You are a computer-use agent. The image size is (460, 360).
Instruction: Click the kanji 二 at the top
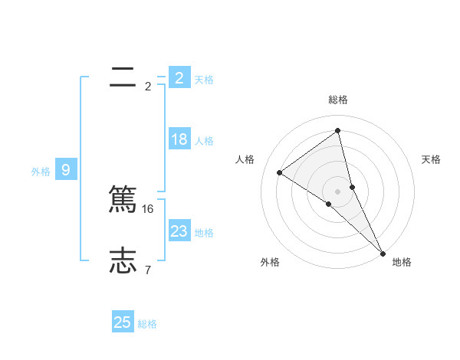[x=123, y=77]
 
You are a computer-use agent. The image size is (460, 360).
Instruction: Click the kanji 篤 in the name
[x=123, y=201]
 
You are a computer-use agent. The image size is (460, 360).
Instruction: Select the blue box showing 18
[x=179, y=139]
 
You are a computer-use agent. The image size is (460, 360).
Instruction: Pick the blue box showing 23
[x=179, y=231]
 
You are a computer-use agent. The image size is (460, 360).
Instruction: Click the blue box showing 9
[x=66, y=170]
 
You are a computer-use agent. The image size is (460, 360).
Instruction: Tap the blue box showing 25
[x=123, y=322]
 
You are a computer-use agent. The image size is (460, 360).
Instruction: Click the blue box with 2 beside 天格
[x=179, y=77]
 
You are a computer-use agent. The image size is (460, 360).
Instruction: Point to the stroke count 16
[x=149, y=208]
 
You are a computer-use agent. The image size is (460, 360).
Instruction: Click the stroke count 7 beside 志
[x=147, y=270]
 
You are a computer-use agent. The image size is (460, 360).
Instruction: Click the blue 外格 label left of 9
[x=41, y=172]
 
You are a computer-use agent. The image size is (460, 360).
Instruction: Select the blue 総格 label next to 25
[x=147, y=324]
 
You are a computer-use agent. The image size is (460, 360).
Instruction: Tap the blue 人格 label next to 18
[x=204, y=141]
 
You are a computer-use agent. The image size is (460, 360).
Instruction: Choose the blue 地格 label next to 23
[x=204, y=233]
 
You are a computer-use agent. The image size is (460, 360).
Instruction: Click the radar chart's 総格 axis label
[x=338, y=100]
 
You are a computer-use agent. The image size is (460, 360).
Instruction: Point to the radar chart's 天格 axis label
[x=431, y=159]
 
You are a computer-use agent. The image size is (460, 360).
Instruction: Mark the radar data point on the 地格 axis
[x=383, y=252]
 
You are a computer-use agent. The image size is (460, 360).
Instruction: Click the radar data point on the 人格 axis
[x=279, y=172]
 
